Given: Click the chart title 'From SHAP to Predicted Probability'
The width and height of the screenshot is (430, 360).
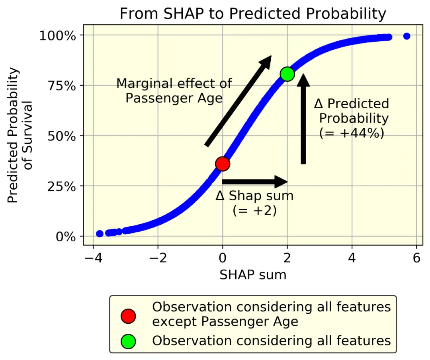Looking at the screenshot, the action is [253, 13].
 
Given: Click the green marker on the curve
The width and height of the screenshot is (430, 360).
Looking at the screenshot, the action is [287, 74].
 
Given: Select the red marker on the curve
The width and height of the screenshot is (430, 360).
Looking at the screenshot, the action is [223, 164].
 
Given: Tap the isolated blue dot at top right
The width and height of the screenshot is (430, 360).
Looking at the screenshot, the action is [407, 36].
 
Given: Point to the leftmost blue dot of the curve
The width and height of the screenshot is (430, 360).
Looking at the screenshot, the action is [100, 233].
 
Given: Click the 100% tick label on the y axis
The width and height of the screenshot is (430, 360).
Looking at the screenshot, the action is [58, 36].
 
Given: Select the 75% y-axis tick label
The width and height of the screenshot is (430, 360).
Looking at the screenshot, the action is [62, 86].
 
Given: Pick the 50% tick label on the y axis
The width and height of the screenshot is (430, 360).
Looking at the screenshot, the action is [62, 136].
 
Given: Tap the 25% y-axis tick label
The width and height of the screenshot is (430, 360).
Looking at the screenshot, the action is [62, 186].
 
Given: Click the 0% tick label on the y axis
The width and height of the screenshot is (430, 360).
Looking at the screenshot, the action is [66, 237].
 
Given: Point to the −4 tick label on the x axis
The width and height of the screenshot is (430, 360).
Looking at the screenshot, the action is [93, 258].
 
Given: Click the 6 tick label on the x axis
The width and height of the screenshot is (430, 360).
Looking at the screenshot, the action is [416, 258].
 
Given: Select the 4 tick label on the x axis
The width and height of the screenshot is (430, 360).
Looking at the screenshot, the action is [352, 258].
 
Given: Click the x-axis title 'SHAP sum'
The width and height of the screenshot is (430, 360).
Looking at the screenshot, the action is [253, 275].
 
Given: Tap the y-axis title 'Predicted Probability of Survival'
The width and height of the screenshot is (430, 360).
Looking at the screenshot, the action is [20, 135].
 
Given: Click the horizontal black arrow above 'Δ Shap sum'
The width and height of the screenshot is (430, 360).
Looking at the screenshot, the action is [255, 181].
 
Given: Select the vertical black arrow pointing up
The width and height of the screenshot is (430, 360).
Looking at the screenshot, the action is [303, 119].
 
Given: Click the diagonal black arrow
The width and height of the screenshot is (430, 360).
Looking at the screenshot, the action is [238, 101].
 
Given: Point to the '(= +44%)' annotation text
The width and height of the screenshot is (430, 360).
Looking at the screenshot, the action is [352, 133].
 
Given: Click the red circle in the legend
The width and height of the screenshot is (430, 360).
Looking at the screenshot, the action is [128, 316].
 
